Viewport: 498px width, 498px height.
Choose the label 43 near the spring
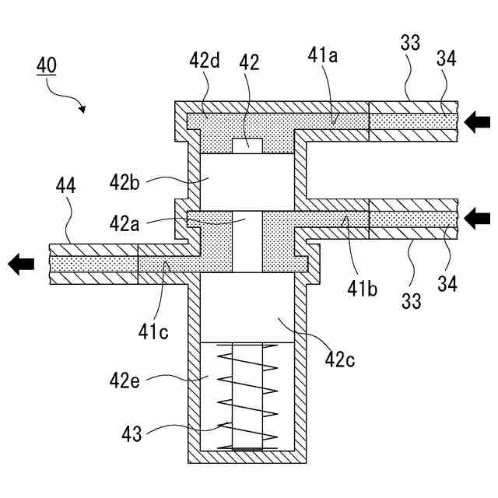coord(132,433)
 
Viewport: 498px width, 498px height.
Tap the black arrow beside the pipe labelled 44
coord(22,265)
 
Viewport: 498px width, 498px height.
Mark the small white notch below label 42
coord(247,145)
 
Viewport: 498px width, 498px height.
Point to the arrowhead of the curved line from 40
coord(82,110)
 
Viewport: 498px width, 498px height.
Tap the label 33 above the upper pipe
coord(410,43)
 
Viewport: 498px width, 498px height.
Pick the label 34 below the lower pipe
coord(447,283)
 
